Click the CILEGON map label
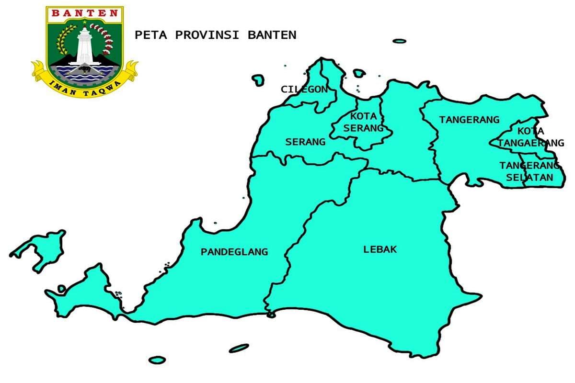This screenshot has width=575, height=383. coord(304,89)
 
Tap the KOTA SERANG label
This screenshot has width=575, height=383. coord(363,122)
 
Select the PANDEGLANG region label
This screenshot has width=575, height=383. coord(234,252)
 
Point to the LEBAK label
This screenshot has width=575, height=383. coord(380,249)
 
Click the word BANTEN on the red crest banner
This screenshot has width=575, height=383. coord(84,13)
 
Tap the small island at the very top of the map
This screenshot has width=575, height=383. coord(399,41)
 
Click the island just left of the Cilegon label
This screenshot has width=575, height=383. coord(259,79)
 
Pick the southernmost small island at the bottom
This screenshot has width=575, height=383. coord(157,359)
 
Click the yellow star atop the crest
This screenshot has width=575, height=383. coord(85,22)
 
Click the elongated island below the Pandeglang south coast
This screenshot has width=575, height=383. coord(239,348)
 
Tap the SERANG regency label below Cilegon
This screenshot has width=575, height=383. coord(305,142)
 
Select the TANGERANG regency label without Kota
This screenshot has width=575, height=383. coord(469,120)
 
